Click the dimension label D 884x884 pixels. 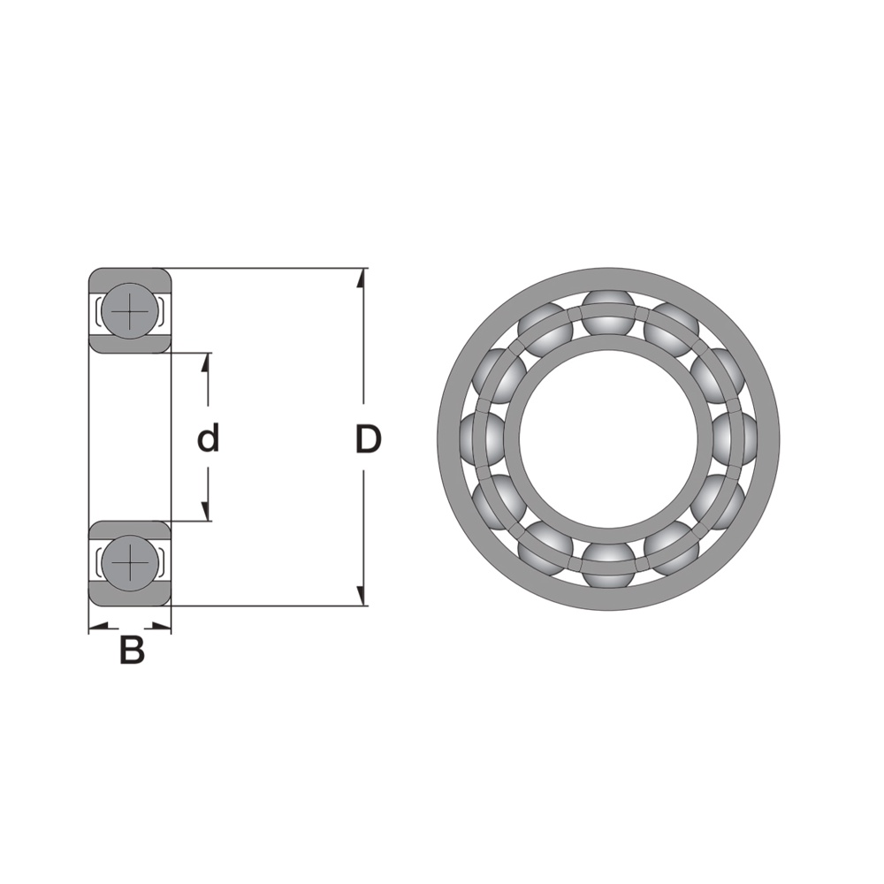coord(368,439)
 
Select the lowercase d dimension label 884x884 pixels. coord(208,438)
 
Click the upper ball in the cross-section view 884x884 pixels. coord(130,310)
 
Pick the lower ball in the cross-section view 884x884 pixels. coord(130,563)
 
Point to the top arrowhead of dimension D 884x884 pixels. coord(362,278)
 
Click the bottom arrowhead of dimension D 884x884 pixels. coord(362,596)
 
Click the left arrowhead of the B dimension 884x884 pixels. coord(99,627)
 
